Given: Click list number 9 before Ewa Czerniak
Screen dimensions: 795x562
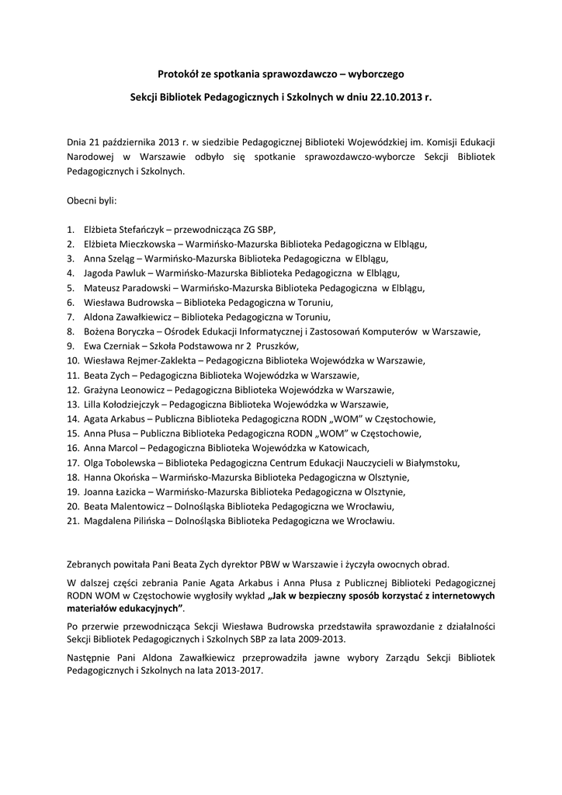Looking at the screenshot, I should point(71,346).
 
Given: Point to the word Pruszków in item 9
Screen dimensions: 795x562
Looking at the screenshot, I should point(273,346).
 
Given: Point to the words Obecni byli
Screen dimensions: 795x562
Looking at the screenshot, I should point(92,200).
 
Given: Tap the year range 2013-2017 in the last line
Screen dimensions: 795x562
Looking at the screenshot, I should point(240,672).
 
